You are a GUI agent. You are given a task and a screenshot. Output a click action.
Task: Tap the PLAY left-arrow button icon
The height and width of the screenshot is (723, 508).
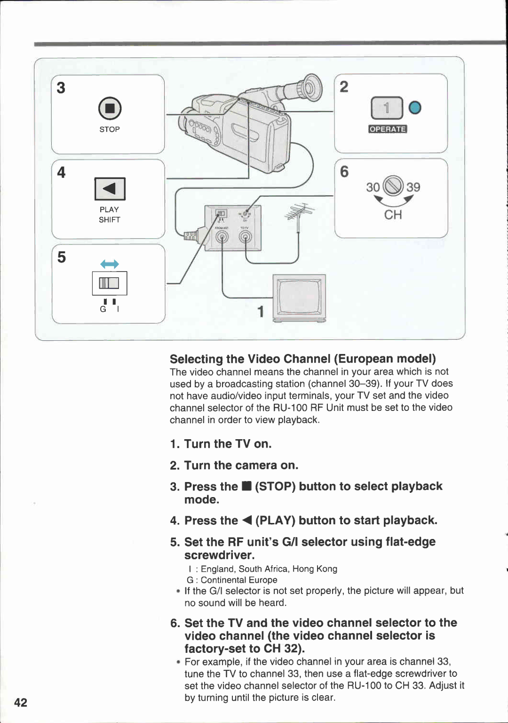[110, 189]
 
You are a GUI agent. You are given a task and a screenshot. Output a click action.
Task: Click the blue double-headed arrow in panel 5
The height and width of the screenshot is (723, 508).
[110, 265]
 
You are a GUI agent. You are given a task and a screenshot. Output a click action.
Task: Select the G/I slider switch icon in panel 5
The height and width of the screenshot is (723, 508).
[109, 283]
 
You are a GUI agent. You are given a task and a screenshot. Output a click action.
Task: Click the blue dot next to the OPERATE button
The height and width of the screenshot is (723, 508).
[415, 108]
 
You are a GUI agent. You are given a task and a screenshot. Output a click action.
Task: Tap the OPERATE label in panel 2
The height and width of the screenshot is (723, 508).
[388, 129]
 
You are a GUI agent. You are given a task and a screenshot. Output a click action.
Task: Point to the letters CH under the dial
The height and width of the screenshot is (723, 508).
[393, 215]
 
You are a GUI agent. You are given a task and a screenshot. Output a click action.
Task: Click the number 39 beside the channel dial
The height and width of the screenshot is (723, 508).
[413, 187]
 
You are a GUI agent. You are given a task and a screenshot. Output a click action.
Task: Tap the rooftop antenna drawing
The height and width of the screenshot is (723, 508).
[300, 215]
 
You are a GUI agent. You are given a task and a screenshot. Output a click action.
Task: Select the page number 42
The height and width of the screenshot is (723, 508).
[21, 702]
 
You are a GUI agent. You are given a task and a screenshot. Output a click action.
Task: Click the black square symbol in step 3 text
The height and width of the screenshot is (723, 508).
[246, 487]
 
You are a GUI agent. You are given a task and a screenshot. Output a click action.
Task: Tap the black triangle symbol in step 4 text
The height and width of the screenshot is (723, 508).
[247, 521]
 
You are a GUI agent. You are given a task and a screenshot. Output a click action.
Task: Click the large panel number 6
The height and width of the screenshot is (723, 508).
[344, 172]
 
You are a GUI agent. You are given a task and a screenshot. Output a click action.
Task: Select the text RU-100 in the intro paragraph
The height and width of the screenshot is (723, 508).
[290, 408]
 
